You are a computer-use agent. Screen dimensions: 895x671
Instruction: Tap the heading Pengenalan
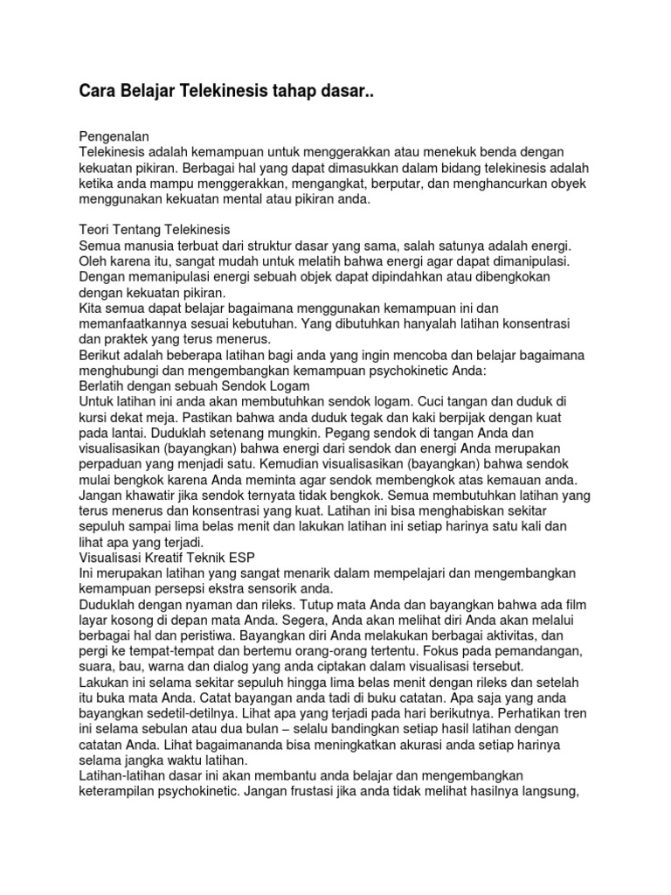[x=115, y=136]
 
